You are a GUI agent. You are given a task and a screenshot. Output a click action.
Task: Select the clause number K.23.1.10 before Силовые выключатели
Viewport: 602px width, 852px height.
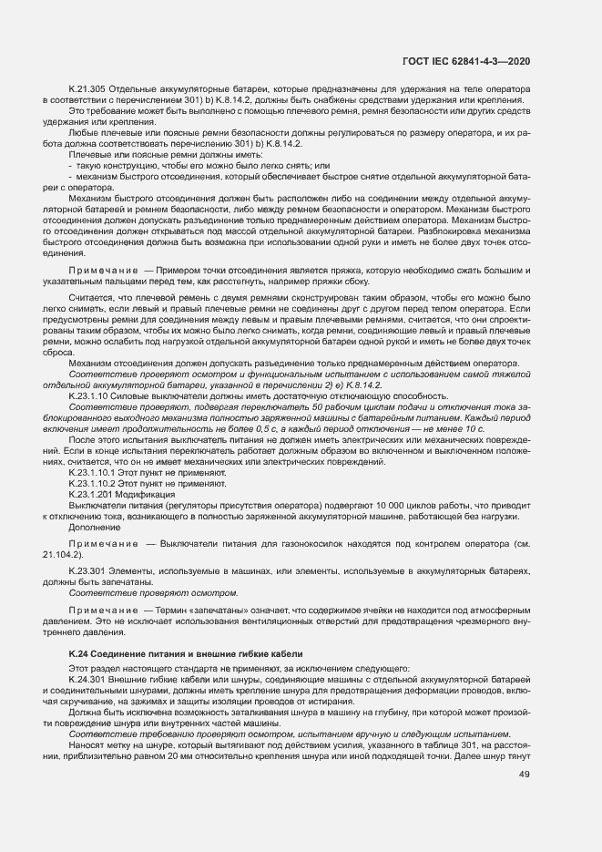(89, 396)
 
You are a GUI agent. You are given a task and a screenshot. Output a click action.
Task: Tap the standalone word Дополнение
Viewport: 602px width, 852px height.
(92, 528)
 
